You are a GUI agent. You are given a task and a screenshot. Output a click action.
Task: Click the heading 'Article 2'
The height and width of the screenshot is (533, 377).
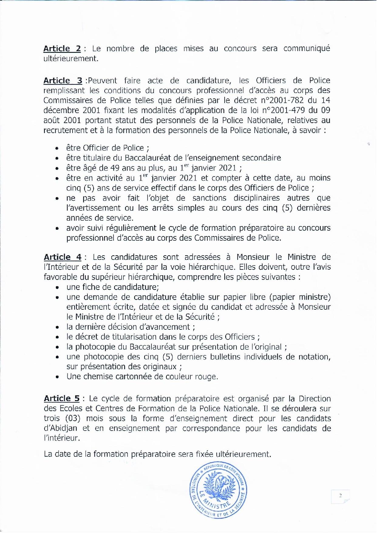click(62, 49)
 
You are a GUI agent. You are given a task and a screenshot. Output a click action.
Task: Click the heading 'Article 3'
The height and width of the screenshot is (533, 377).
click(63, 81)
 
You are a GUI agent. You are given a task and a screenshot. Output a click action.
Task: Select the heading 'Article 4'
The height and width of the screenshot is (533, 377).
click(63, 257)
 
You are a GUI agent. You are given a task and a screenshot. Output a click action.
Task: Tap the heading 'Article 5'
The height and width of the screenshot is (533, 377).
click(62, 398)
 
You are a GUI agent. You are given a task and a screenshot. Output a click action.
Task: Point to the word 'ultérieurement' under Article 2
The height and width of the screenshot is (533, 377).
click(71, 59)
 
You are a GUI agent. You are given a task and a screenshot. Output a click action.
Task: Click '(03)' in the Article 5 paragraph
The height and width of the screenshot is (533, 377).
click(72, 418)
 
